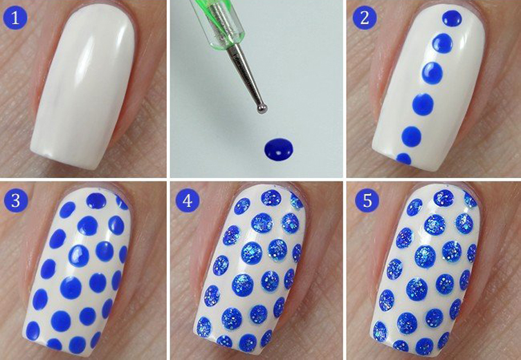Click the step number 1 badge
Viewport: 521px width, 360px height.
[x=15, y=18]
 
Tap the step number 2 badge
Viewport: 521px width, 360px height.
[x=365, y=18]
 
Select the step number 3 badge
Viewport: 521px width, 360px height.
[x=16, y=201]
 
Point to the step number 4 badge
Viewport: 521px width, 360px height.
[x=188, y=201]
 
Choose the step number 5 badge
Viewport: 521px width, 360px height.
[x=367, y=201]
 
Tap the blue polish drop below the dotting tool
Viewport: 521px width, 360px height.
[x=279, y=150]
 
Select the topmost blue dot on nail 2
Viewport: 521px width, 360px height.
[x=453, y=18]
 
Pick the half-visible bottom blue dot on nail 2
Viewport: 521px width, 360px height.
[x=404, y=159]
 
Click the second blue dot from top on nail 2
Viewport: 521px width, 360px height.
[x=443, y=44]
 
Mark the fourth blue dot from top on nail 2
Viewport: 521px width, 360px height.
[x=423, y=105]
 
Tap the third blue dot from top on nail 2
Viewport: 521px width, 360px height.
[x=432, y=73]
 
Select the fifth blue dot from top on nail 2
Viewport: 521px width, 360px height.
[x=412, y=136]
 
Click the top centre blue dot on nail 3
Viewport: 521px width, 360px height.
[x=96, y=201]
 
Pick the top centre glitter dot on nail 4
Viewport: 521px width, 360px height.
[x=271, y=197]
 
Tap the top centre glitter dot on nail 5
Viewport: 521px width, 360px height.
[x=444, y=198]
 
